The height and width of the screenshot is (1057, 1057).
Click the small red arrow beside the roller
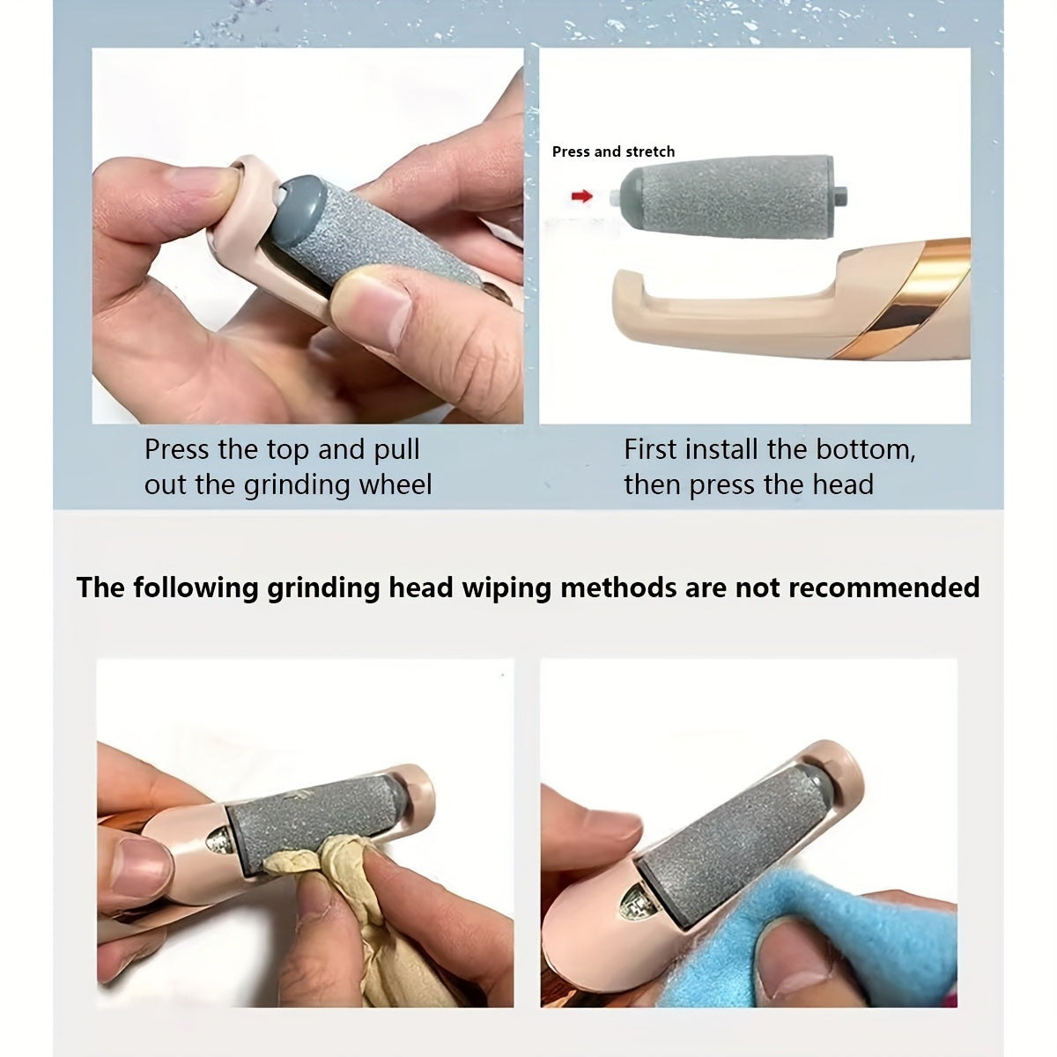coord(581,196)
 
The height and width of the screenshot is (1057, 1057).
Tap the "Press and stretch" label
coord(613,152)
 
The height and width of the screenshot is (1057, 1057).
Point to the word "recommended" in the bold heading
coord(883,587)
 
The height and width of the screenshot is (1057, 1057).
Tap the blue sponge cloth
coord(881,934)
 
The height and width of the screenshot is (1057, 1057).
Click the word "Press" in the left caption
coord(177,449)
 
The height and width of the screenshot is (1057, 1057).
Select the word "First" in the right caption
coord(651,449)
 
